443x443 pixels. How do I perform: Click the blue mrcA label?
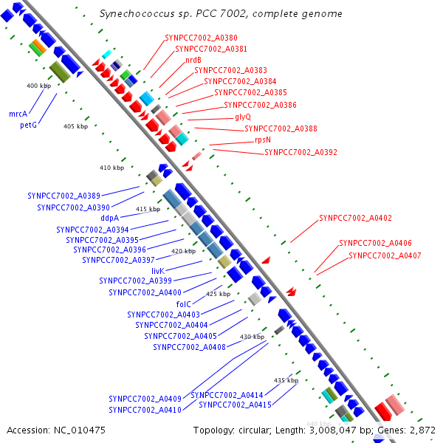coord(18,114)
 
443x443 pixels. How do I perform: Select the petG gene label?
coord(28,126)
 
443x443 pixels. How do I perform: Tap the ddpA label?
coord(109,218)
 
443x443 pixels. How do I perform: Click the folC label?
coord(184,303)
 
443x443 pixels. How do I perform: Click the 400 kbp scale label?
coord(38,86)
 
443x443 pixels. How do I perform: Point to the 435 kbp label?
coord(286,380)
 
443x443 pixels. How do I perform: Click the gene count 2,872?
coord(423,430)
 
